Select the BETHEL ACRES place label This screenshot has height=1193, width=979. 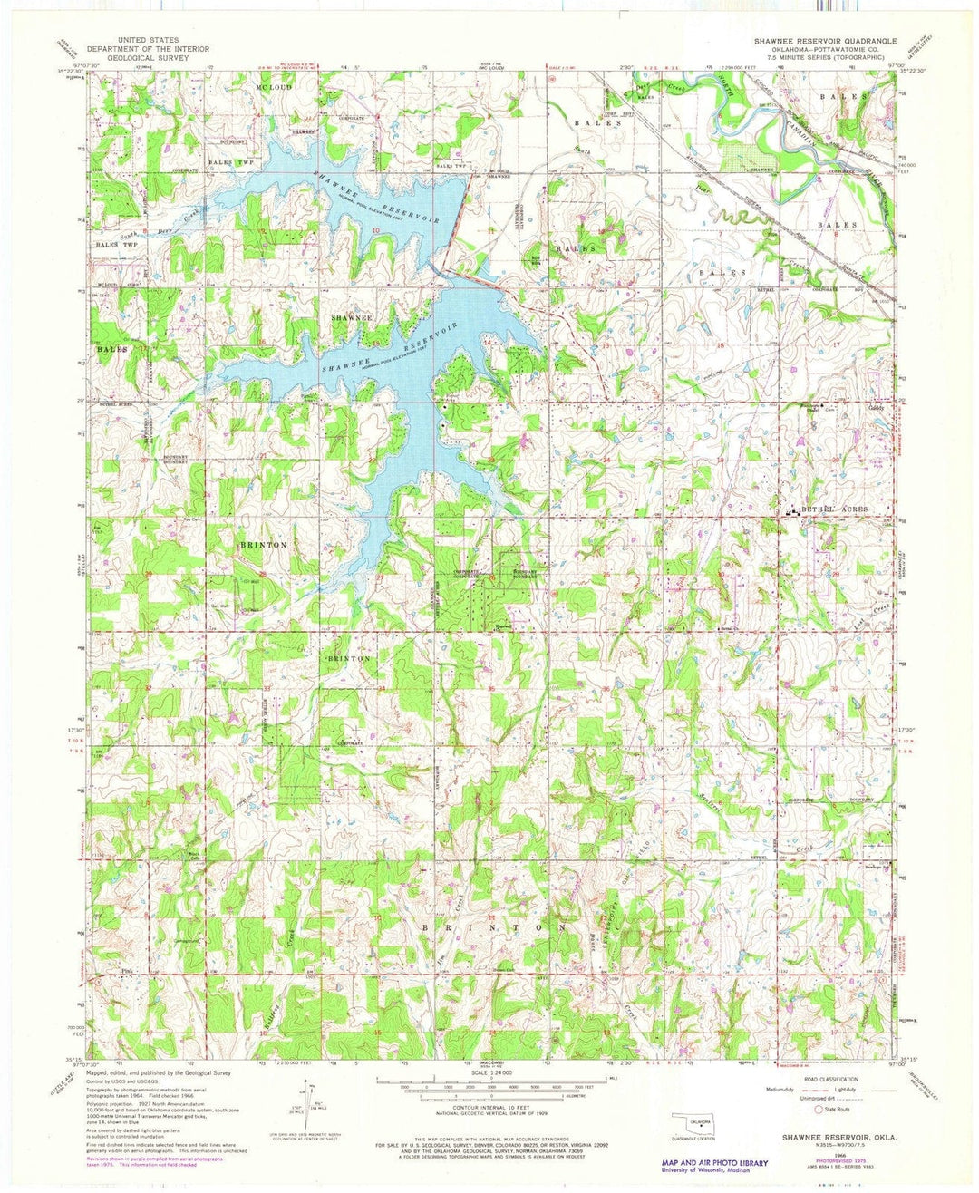click(832, 510)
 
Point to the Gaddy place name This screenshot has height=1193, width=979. click(876, 408)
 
